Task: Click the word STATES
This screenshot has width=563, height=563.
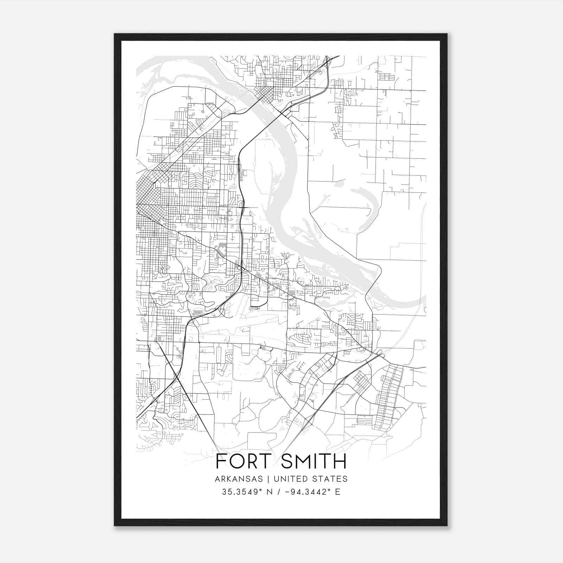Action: (x=329, y=479)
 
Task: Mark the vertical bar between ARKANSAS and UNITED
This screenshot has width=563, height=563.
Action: (x=268, y=479)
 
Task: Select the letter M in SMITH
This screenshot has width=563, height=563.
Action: (x=303, y=461)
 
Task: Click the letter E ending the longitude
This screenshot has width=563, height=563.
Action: (x=338, y=492)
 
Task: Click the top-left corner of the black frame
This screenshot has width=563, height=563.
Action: (x=115, y=34)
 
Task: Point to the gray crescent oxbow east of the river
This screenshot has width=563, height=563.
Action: (x=368, y=201)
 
